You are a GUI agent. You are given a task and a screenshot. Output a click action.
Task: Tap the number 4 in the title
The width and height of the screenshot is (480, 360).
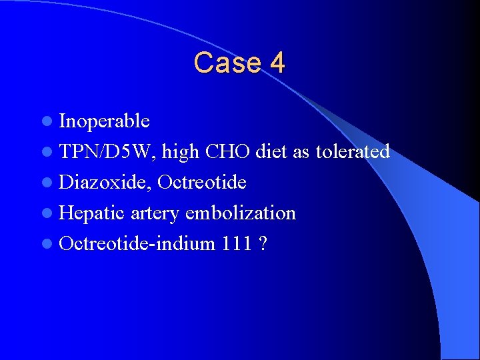tap(277, 63)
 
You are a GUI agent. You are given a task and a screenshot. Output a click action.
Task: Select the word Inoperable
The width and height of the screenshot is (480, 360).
tap(104, 121)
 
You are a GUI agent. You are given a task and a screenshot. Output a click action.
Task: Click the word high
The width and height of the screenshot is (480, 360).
tap(180, 152)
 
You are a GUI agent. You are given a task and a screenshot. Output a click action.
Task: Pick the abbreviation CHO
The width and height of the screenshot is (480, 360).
tap(228, 152)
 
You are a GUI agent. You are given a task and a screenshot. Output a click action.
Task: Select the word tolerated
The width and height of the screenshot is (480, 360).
tap(353, 152)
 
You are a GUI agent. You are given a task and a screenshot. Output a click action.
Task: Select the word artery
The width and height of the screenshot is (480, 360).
tap(155, 213)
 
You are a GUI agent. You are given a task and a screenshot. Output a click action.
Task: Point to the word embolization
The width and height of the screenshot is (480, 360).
tap(241, 213)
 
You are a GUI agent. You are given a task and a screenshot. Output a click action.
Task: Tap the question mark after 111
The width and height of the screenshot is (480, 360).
tap(263, 244)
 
